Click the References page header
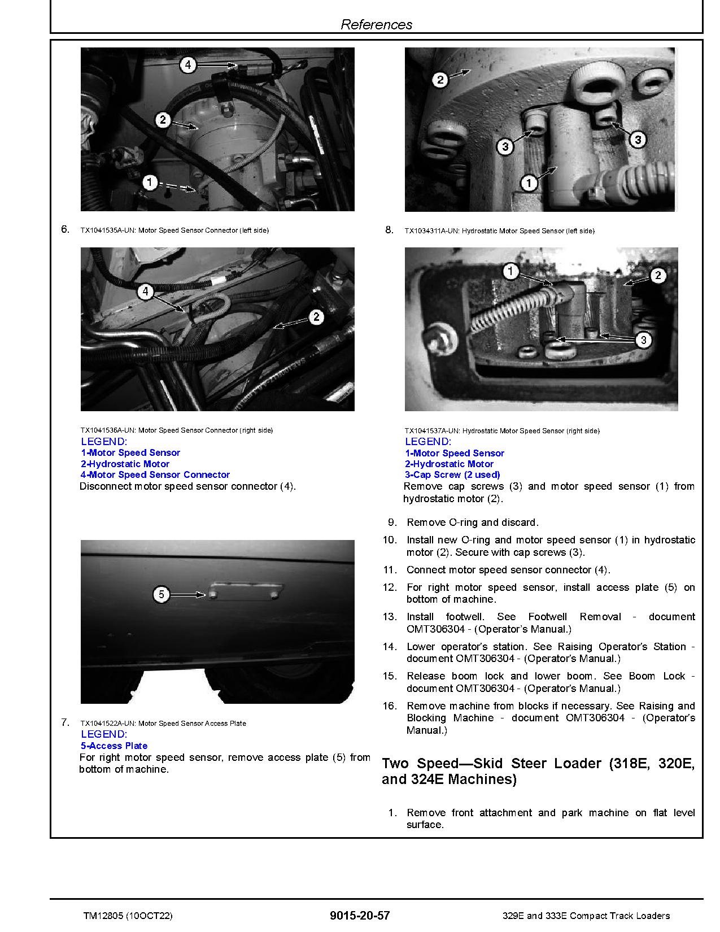point(376,24)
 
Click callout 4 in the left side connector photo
point(188,65)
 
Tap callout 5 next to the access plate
point(162,594)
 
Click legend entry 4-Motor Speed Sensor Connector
point(155,475)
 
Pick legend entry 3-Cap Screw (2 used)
point(453,475)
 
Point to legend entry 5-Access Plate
point(114,746)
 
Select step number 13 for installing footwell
point(390,617)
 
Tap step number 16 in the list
point(390,706)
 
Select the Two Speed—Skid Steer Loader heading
point(538,771)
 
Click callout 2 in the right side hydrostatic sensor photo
point(658,276)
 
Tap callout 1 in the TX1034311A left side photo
point(529,182)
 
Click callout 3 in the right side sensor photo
point(643,339)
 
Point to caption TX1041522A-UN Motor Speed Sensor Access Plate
point(163,723)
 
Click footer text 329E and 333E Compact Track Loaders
point(586,916)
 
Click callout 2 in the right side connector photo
point(316,317)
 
